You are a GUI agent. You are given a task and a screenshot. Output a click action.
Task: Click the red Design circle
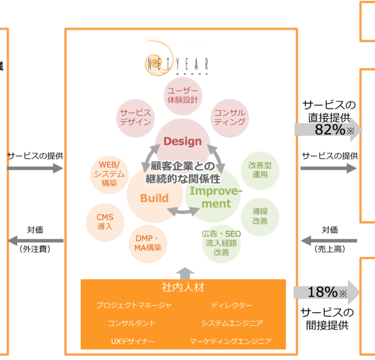pyautogui.click(x=183, y=141)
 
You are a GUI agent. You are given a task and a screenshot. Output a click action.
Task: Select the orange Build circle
pyautogui.click(x=154, y=198)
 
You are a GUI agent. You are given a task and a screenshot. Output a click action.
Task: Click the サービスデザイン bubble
pyautogui.click(x=135, y=117)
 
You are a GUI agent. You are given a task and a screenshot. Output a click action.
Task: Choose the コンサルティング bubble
pyautogui.click(x=230, y=117)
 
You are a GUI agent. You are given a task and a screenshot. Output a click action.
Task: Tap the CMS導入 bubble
pyautogui.click(x=105, y=222)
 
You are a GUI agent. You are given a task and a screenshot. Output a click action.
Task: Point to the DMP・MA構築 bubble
pyautogui.click(x=148, y=242)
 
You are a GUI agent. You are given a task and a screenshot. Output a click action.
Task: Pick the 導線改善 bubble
pyautogui.click(x=259, y=215)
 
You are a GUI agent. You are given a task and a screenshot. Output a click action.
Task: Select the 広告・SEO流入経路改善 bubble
pyautogui.click(x=220, y=242)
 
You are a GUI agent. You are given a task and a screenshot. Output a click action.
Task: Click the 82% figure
pyautogui.click(x=329, y=130)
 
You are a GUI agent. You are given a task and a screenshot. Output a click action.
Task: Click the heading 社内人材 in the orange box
pyautogui.click(x=183, y=287)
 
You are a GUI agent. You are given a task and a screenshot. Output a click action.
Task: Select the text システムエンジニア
pyautogui.click(x=232, y=323)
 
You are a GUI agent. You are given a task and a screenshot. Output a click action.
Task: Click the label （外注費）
pyautogui.click(x=35, y=249)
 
